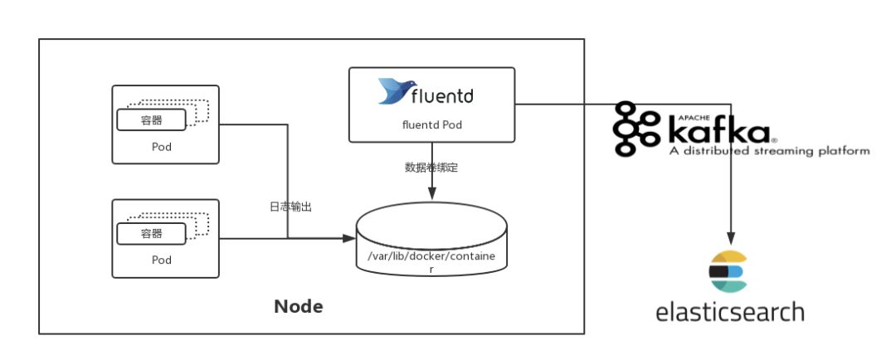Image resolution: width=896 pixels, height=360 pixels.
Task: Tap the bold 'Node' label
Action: (x=299, y=307)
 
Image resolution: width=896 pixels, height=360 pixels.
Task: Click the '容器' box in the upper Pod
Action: (x=151, y=120)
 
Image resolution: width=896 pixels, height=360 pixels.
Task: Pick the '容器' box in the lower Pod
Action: (x=151, y=234)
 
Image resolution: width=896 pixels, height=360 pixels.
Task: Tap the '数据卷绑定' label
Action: (x=431, y=167)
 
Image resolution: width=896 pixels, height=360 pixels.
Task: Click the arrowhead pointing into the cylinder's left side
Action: (x=349, y=239)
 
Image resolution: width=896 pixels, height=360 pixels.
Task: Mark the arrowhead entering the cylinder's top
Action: (x=431, y=194)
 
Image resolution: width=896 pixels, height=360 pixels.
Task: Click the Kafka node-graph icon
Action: (x=631, y=129)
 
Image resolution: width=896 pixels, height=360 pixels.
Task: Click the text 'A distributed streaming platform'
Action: (x=769, y=151)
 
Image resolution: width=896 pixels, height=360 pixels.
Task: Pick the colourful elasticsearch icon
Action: (x=728, y=272)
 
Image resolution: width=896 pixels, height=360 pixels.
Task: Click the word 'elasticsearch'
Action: (x=729, y=312)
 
